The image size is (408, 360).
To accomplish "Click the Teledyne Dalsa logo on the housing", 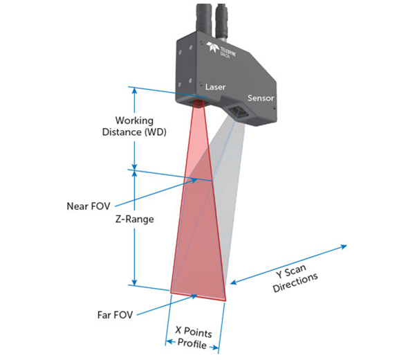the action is click(x=221, y=50).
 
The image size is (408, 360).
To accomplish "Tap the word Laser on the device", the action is click(x=215, y=87).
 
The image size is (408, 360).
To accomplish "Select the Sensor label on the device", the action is click(x=261, y=98).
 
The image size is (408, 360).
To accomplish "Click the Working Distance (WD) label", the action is click(x=134, y=126).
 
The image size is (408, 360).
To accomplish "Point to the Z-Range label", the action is click(x=135, y=219).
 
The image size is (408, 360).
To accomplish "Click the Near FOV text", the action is click(x=89, y=206).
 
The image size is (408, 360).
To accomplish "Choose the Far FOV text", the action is click(x=115, y=315).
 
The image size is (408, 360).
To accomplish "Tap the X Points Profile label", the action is click(x=193, y=338).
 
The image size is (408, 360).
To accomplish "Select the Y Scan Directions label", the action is click(x=295, y=278).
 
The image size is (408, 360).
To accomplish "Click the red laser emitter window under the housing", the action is click(x=198, y=103).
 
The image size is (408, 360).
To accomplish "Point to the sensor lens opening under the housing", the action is click(x=237, y=111).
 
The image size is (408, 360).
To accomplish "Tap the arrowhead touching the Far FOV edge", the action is click(x=194, y=296).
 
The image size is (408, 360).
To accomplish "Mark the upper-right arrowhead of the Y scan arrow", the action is click(x=344, y=246).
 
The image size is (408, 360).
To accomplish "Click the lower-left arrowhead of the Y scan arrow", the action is click(x=234, y=282).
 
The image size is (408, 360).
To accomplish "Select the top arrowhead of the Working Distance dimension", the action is click(x=134, y=90).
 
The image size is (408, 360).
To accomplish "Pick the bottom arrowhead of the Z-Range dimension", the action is click(x=134, y=282).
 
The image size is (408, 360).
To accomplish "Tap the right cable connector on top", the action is click(x=222, y=21).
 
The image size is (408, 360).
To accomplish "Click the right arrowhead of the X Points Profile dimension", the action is click(x=216, y=348).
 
